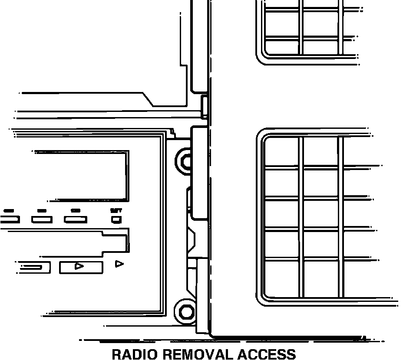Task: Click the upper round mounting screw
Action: (x=186, y=161)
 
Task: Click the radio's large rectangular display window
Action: (x=82, y=176)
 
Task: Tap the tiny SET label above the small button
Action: (x=116, y=210)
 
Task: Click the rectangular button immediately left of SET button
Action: (x=76, y=219)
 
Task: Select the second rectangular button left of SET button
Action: (x=42, y=219)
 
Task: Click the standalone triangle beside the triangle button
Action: (x=119, y=264)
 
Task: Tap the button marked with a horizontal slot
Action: (x=35, y=267)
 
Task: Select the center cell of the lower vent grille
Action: (x=320, y=213)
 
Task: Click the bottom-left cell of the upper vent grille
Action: (x=282, y=47)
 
